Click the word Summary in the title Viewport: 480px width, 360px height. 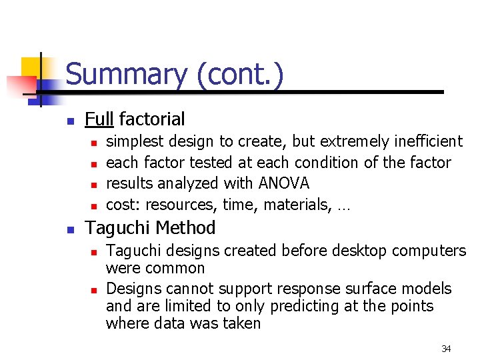[x=125, y=74]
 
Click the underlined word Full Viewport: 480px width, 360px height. [x=99, y=119]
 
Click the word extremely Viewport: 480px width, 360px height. [x=348, y=141]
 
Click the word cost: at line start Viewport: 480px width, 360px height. [x=123, y=205]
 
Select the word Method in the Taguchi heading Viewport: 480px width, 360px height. [x=186, y=228]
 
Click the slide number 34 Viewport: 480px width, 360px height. [x=446, y=349]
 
